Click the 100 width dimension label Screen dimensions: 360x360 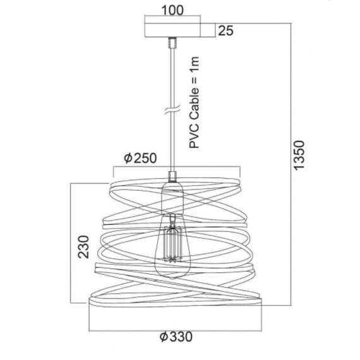tap(172, 10)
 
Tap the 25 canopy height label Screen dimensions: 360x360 tap(225, 30)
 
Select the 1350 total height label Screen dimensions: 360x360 tap(299, 155)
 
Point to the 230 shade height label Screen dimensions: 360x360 tap(83, 247)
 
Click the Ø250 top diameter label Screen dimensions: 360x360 tap(140, 158)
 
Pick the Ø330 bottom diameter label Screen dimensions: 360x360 tap(176, 337)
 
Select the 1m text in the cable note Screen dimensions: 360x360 tap(194, 64)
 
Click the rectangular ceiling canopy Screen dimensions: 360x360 tap(172, 30)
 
